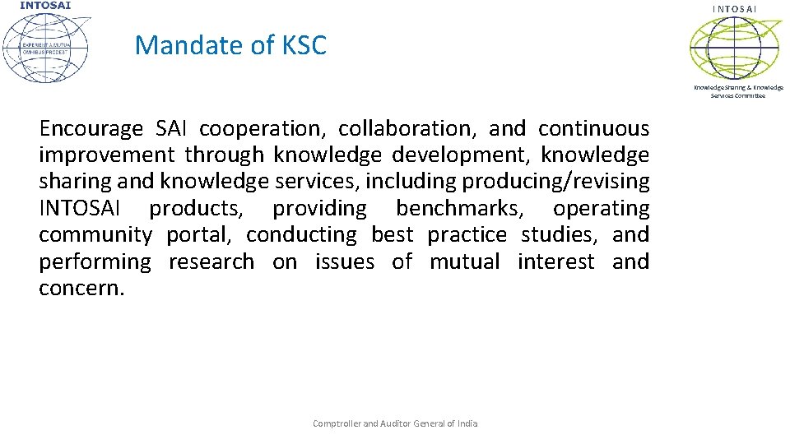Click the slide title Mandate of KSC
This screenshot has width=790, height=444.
pos(230,45)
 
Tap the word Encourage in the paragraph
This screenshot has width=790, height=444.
pos(91,129)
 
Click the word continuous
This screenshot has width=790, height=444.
pos(593,129)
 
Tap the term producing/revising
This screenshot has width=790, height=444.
pos(558,182)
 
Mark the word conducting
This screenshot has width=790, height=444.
pos(301,235)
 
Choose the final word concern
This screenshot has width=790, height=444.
pos(81,289)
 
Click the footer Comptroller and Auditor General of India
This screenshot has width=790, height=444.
pos(395,423)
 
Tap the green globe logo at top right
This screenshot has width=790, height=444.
pos(735,48)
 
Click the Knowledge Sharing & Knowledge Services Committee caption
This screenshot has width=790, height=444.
pos(738,91)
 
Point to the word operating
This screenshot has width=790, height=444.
pos(601,209)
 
